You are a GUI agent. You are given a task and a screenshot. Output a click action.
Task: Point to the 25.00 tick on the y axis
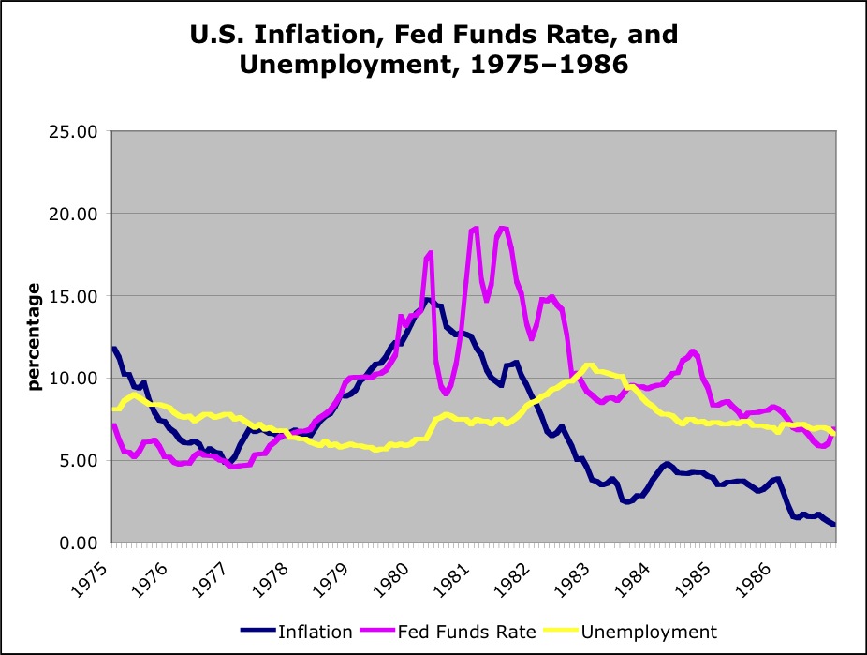[74, 131]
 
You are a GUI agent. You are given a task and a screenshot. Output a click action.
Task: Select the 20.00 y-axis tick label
[74, 214]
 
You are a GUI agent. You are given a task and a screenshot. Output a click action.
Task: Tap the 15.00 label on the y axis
[74, 296]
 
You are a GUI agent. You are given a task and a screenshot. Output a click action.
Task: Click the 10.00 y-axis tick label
[74, 379]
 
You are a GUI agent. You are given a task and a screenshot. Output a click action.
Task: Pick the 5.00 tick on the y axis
[78, 461]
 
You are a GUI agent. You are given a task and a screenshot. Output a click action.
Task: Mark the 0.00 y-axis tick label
[78, 543]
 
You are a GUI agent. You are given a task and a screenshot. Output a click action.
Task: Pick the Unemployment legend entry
[648, 631]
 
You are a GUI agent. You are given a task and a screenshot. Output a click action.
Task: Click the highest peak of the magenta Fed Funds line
[476, 228]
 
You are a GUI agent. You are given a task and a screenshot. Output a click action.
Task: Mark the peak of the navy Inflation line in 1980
[427, 300]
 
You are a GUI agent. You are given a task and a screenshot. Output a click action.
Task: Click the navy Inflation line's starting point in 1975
[114, 349]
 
